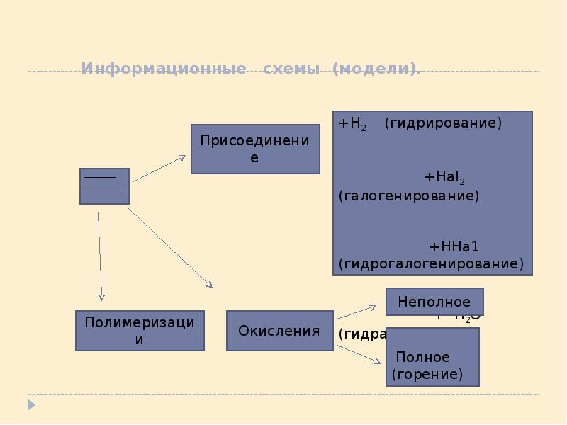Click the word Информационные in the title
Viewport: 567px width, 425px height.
[164, 69]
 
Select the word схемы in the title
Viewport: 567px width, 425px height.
[290, 69]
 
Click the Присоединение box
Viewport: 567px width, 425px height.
[255, 149]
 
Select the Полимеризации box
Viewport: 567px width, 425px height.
[140, 331]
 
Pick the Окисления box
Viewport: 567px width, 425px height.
[279, 331]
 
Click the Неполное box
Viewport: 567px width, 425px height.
[434, 302]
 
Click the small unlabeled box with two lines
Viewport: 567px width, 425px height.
[104, 186]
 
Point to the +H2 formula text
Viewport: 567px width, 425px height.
[352, 123]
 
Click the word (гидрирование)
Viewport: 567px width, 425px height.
[443, 123]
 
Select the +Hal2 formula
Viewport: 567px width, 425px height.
[444, 177]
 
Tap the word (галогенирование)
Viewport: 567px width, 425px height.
[409, 195]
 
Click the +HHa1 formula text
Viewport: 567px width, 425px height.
[454, 246]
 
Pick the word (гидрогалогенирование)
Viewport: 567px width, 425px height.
[431, 264]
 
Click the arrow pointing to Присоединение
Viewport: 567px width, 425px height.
[159, 169]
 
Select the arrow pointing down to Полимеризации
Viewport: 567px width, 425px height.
[100, 255]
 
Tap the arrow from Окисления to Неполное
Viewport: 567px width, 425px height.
[357, 312]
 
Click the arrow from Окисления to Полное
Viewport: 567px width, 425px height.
[358, 352]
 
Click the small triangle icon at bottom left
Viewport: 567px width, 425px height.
[31, 405]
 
